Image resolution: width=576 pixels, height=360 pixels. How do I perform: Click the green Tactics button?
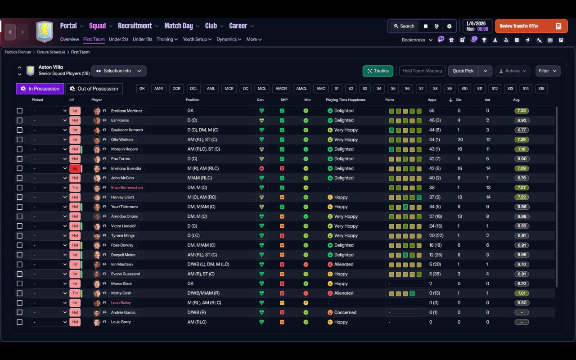(x=378, y=71)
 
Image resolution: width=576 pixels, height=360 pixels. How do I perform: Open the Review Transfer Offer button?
(x=531, y=26)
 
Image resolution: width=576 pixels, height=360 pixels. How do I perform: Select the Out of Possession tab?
(x=94, y=89)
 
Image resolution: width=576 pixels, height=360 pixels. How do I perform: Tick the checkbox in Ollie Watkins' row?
(x=19, y=139)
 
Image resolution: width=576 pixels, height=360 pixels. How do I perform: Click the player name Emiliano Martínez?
(x=126, y=111)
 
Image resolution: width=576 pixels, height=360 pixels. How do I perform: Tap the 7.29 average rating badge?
(x=522, y=139)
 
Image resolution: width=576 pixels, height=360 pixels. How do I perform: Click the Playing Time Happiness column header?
(x=346, y=100)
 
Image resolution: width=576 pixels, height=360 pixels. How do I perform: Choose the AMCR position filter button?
(x=281, y=89)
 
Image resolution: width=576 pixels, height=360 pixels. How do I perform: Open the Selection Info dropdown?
(x=119, y=71)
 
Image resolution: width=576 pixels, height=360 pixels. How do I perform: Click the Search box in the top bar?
(x=404, y=26)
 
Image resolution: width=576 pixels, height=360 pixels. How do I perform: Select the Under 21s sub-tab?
(x=118, y=39)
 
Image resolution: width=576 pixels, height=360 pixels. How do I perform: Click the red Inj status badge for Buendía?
(x=75, y=168)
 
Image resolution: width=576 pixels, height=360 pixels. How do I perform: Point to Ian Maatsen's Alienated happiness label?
(x=344, y=264)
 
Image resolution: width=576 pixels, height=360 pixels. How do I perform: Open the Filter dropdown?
(x=548, y=71)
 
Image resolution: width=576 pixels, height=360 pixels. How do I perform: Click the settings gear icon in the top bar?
(x=449, y=26)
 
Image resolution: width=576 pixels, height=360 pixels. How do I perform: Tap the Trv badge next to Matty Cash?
(x=75, y=293)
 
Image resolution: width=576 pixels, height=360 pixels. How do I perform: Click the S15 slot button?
(x=541, y=89)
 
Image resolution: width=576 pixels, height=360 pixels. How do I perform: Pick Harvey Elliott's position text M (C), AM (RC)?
(x=202, y=197)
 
